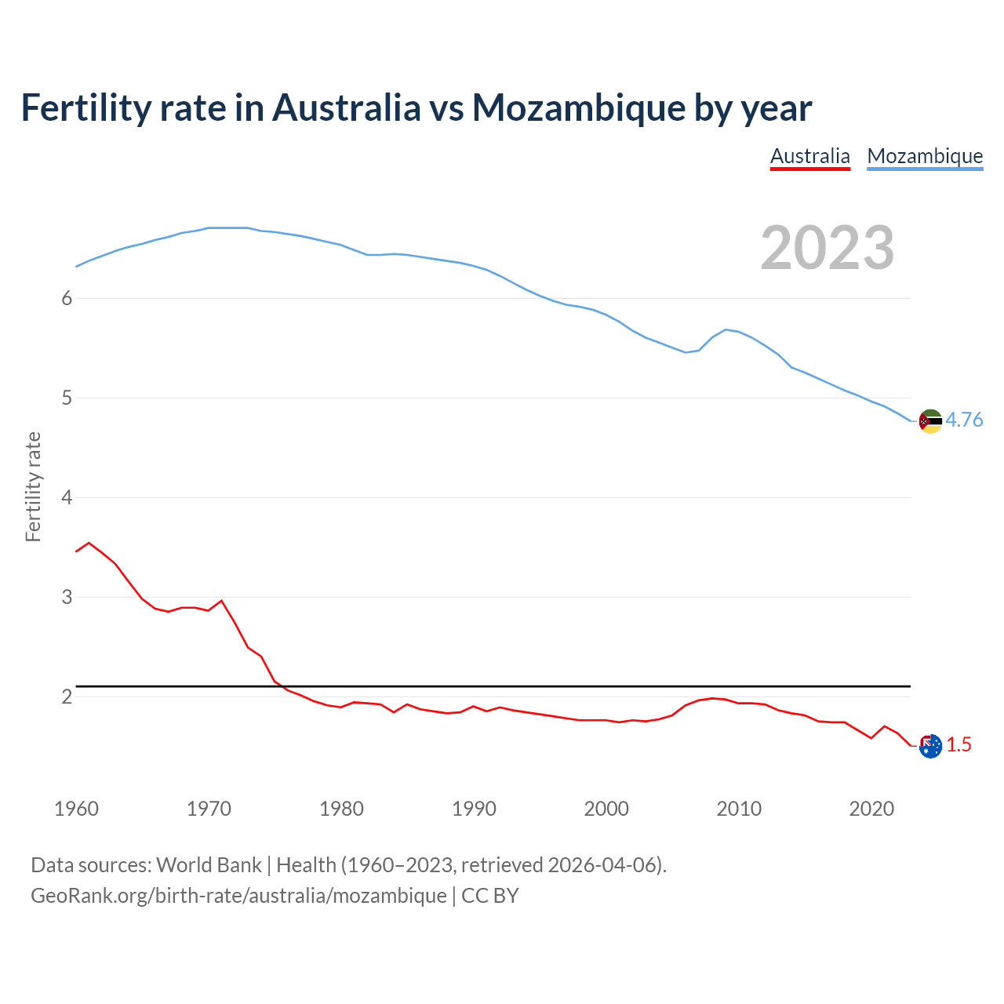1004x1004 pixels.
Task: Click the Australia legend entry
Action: [809, 156]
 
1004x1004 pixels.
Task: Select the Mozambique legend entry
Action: [925, 156]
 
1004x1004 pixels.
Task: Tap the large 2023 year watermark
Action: [828, 248]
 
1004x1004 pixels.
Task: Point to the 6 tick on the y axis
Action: [67, 298]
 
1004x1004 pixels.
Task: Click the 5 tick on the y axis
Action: [67, 398]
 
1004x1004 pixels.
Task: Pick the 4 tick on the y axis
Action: [67, 497]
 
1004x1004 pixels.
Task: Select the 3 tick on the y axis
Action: [67, 597]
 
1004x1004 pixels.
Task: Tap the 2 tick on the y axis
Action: [67, 697]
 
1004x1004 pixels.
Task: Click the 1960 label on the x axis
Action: [76, 809]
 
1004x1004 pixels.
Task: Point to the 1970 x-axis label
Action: [209, 809]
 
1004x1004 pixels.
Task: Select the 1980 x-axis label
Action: [341, 809]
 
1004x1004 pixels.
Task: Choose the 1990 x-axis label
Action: [474, 809]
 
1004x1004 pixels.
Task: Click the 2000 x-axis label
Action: [606, 809]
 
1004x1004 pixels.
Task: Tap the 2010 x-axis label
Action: [739, 809]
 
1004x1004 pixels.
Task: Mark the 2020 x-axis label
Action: [871, 809]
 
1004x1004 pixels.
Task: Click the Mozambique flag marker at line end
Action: [930, 421]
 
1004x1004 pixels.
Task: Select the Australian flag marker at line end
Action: [930, 746]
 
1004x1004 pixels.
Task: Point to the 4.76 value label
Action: [964, 420]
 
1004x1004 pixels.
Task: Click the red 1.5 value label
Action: [959, 745]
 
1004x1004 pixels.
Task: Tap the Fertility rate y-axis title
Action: [33, 486]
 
